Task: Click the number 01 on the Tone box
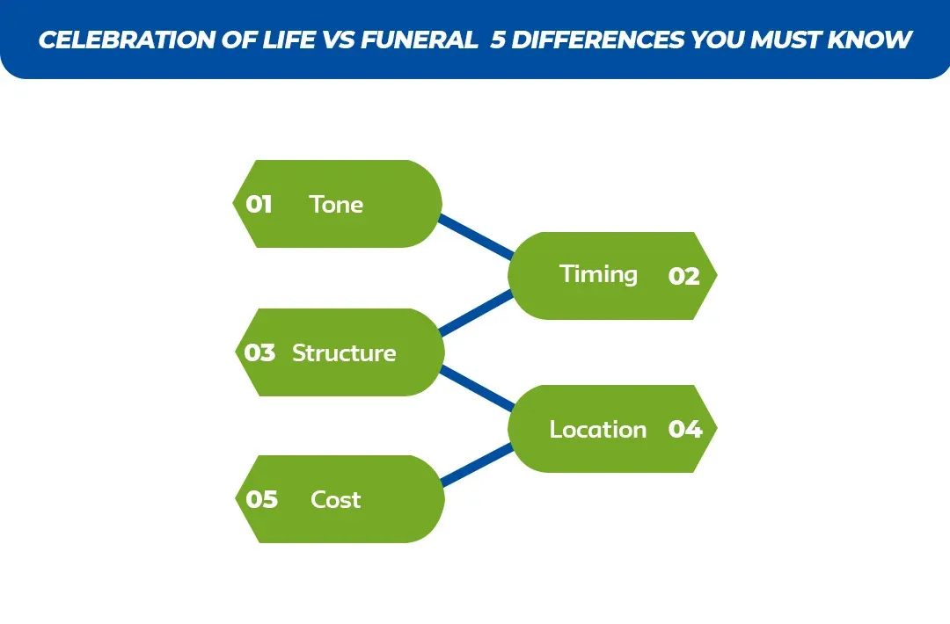(x=259, y=205)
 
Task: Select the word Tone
(x=336, y=205)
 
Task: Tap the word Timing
(x=598, y=274)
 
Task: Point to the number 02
(x=683, y=277)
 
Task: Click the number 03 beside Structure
(x=259, y=353)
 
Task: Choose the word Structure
(x=344, y=353)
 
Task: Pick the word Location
(x=597, y=430)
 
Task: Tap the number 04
(x=684, y=430)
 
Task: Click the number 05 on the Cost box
(x=261, y=500)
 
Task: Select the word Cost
(x=335, y=500)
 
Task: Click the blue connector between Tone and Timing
(x=475, y=236)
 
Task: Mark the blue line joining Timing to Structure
(x=475, y=313)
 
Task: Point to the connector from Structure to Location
(x=475, y=388)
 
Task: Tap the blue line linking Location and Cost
(x=475, y=465)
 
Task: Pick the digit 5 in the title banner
(x=499, y=40)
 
